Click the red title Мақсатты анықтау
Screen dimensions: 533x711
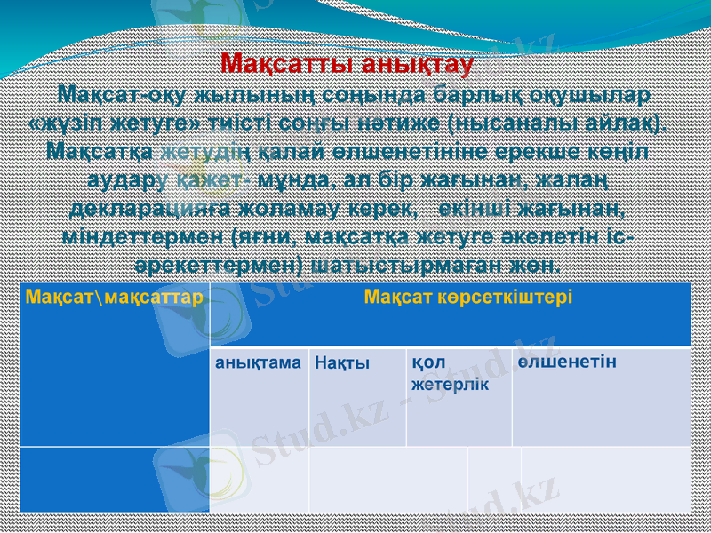[x=347, y=64]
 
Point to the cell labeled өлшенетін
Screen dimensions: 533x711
[x=567, y=362]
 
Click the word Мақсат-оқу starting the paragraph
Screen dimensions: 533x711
[x=113, y=92]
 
